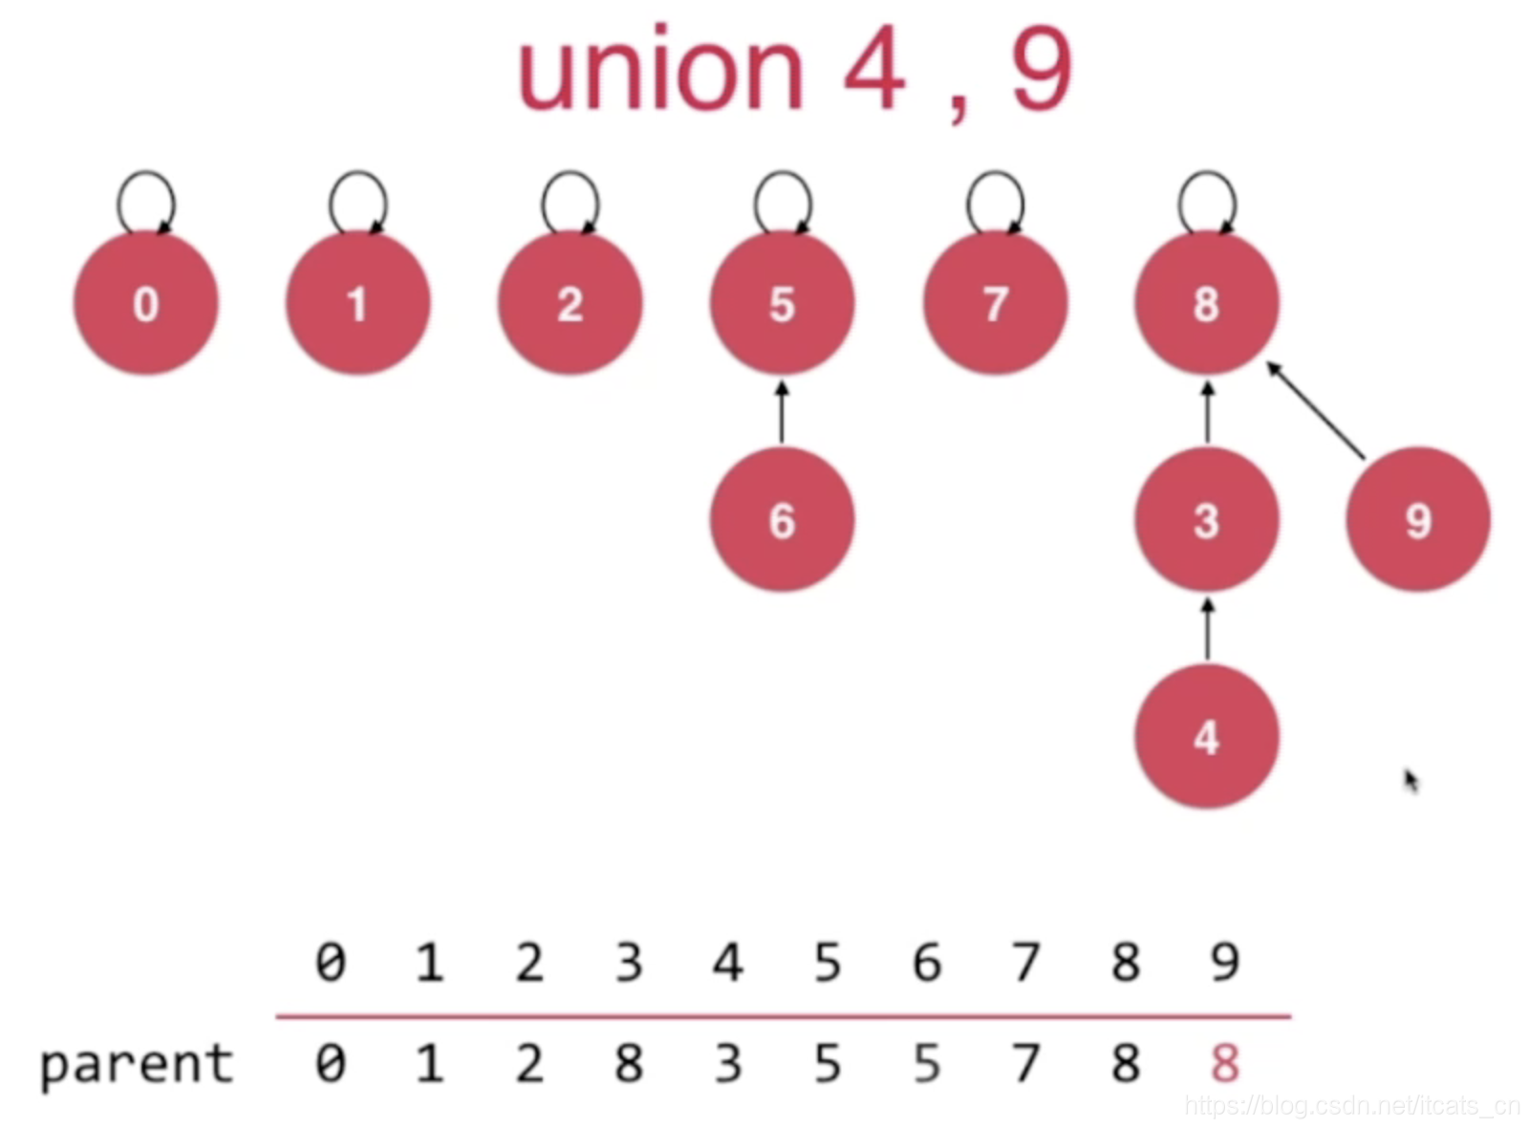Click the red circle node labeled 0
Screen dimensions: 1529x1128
(145, 303)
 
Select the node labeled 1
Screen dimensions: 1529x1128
(357, 303)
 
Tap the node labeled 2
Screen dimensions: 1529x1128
(570, 303)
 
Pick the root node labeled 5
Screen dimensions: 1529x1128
(782, 303)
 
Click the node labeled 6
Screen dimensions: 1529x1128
(782, 520)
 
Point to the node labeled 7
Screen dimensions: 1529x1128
(995, 303)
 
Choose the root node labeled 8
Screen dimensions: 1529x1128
(1206, 303)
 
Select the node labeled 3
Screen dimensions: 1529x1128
(1206, 520)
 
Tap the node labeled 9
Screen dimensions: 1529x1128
(1418, 520)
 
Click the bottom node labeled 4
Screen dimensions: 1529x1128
(1206, 737)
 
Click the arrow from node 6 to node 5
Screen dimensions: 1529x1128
(782, 413)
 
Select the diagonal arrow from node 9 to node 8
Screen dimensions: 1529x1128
(1317, 409)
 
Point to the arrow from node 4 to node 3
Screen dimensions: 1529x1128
(1207, 629)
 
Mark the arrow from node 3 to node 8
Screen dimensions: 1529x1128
(1207, 413)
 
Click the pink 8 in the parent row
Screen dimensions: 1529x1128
(1224, 1063)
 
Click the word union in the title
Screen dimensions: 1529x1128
(660, 73)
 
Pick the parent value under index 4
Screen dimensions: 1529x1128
(728, 1063)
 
